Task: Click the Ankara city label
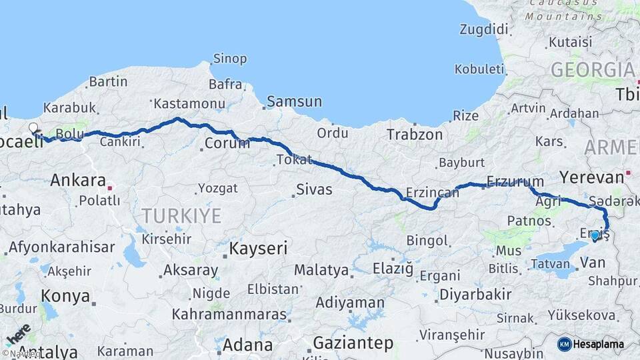point(78,180)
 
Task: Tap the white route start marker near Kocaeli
point(33,127)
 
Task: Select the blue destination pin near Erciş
point(595,235)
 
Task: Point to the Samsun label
point(294,102)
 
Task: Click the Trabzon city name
point(414,135)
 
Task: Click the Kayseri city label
point(258,249)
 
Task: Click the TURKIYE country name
point(181,215)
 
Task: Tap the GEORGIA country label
point(592,69)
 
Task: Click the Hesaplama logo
point(591,344)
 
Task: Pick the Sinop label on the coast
point(230,59)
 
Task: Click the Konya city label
point(65,295)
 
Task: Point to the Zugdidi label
point(483,29)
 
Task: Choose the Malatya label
point(321,270)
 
